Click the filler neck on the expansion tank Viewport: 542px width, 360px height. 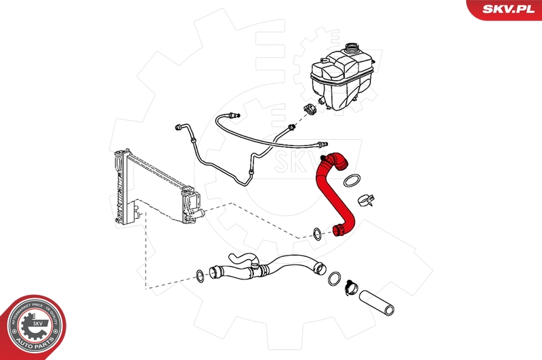click(352, 50)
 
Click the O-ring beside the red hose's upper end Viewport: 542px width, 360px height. click(352, 180)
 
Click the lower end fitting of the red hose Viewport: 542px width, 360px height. click(339, 231)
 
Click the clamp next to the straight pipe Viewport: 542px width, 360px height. click(350, 287)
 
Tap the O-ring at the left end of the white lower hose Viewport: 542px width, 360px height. click(201, 275)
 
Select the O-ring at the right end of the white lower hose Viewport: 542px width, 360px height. click(334, 278)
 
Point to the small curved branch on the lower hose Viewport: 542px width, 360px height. click(242, 258)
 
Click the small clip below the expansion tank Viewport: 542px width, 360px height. click(311, 109)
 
